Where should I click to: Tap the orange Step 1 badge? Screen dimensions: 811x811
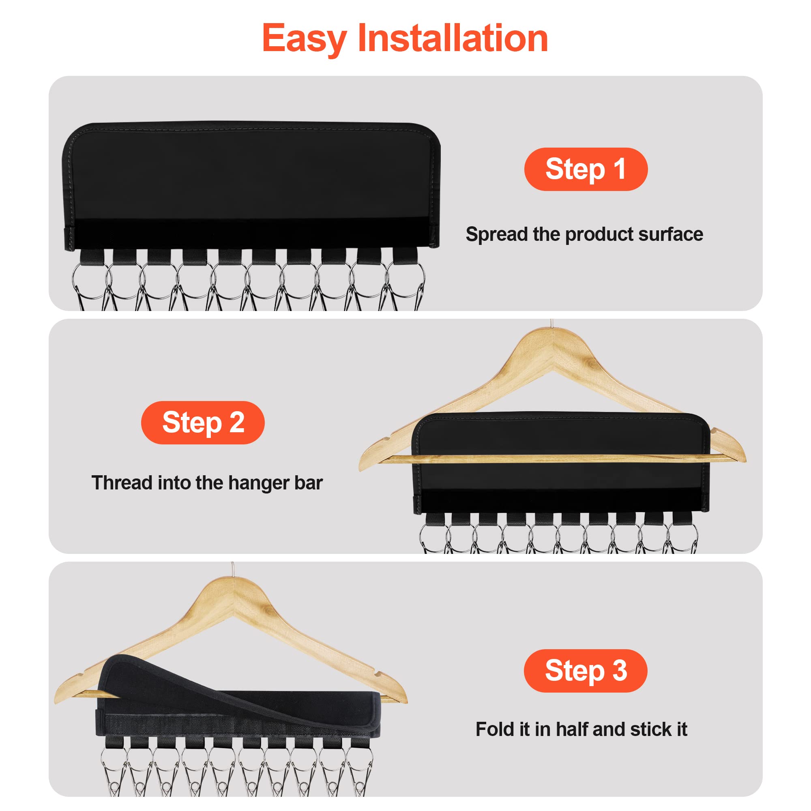[x=586, y=169]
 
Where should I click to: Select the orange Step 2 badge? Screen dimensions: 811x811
[x=203, y=423]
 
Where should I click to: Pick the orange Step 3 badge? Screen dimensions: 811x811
[x=585, y=671]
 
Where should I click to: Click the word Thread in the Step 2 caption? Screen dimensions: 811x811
[x=122, y=483]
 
